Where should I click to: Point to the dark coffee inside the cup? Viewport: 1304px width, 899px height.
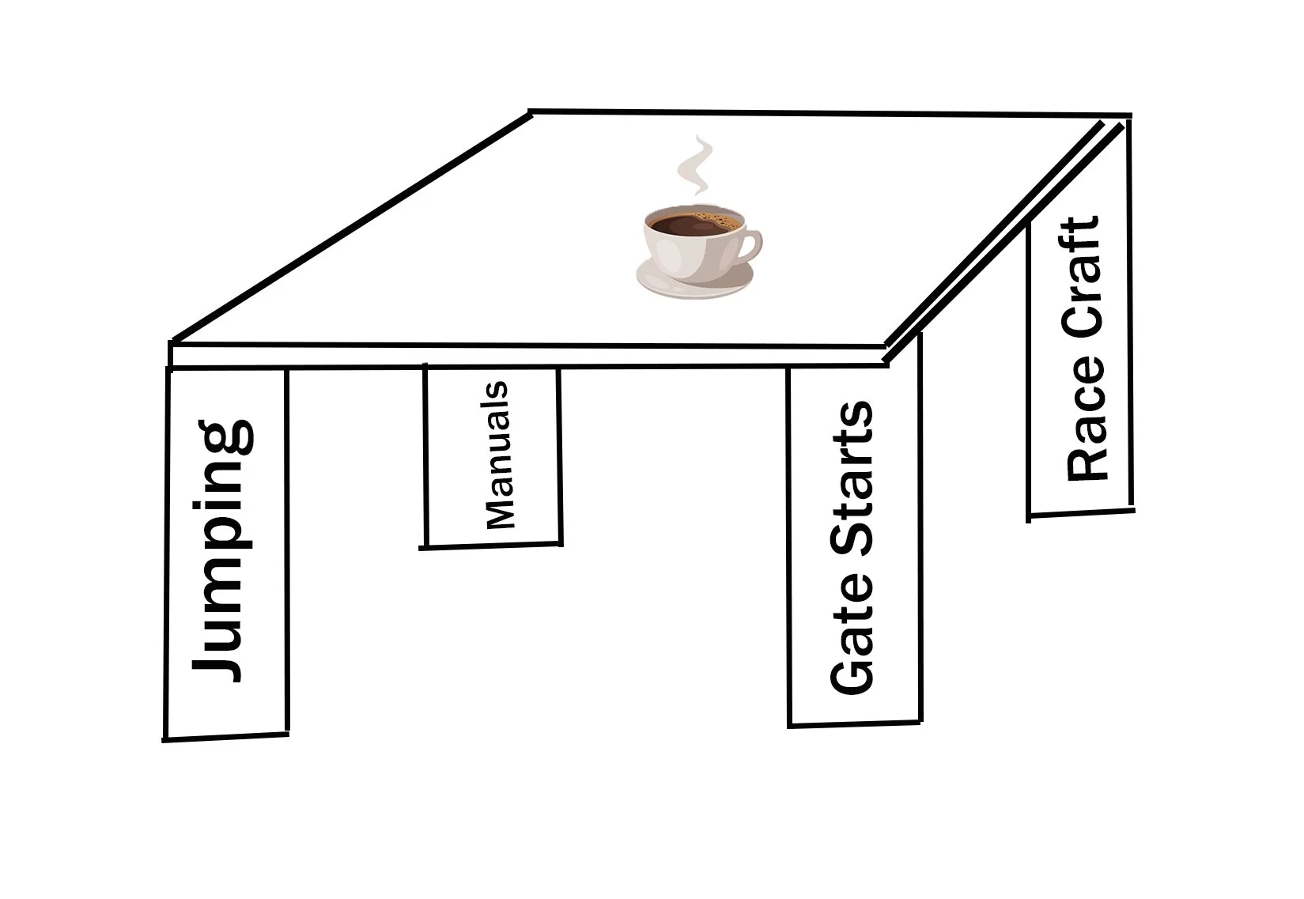692,225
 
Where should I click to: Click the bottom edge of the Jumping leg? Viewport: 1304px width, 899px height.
225,737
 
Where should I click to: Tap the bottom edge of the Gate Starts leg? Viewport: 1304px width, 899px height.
854,723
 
